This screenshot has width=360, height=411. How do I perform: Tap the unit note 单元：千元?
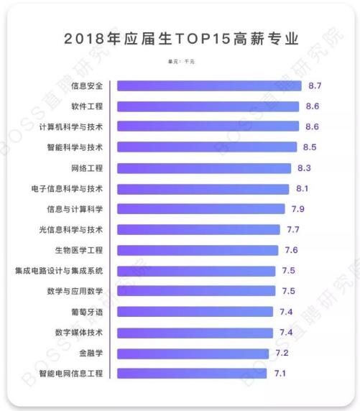(180, 61)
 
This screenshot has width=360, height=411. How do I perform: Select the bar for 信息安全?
(209, 86)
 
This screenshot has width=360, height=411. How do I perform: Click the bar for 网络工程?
(205, 168)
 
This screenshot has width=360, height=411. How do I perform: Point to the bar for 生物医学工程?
(198, 250)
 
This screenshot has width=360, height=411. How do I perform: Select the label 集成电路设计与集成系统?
(59, 271)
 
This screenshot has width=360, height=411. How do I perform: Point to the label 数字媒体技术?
(79, 333)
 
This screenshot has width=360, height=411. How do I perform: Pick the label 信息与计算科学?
(75, 209)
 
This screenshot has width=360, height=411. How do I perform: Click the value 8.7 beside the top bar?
(315, 86)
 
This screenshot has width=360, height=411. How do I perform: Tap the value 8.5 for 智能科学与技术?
(310, 147)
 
